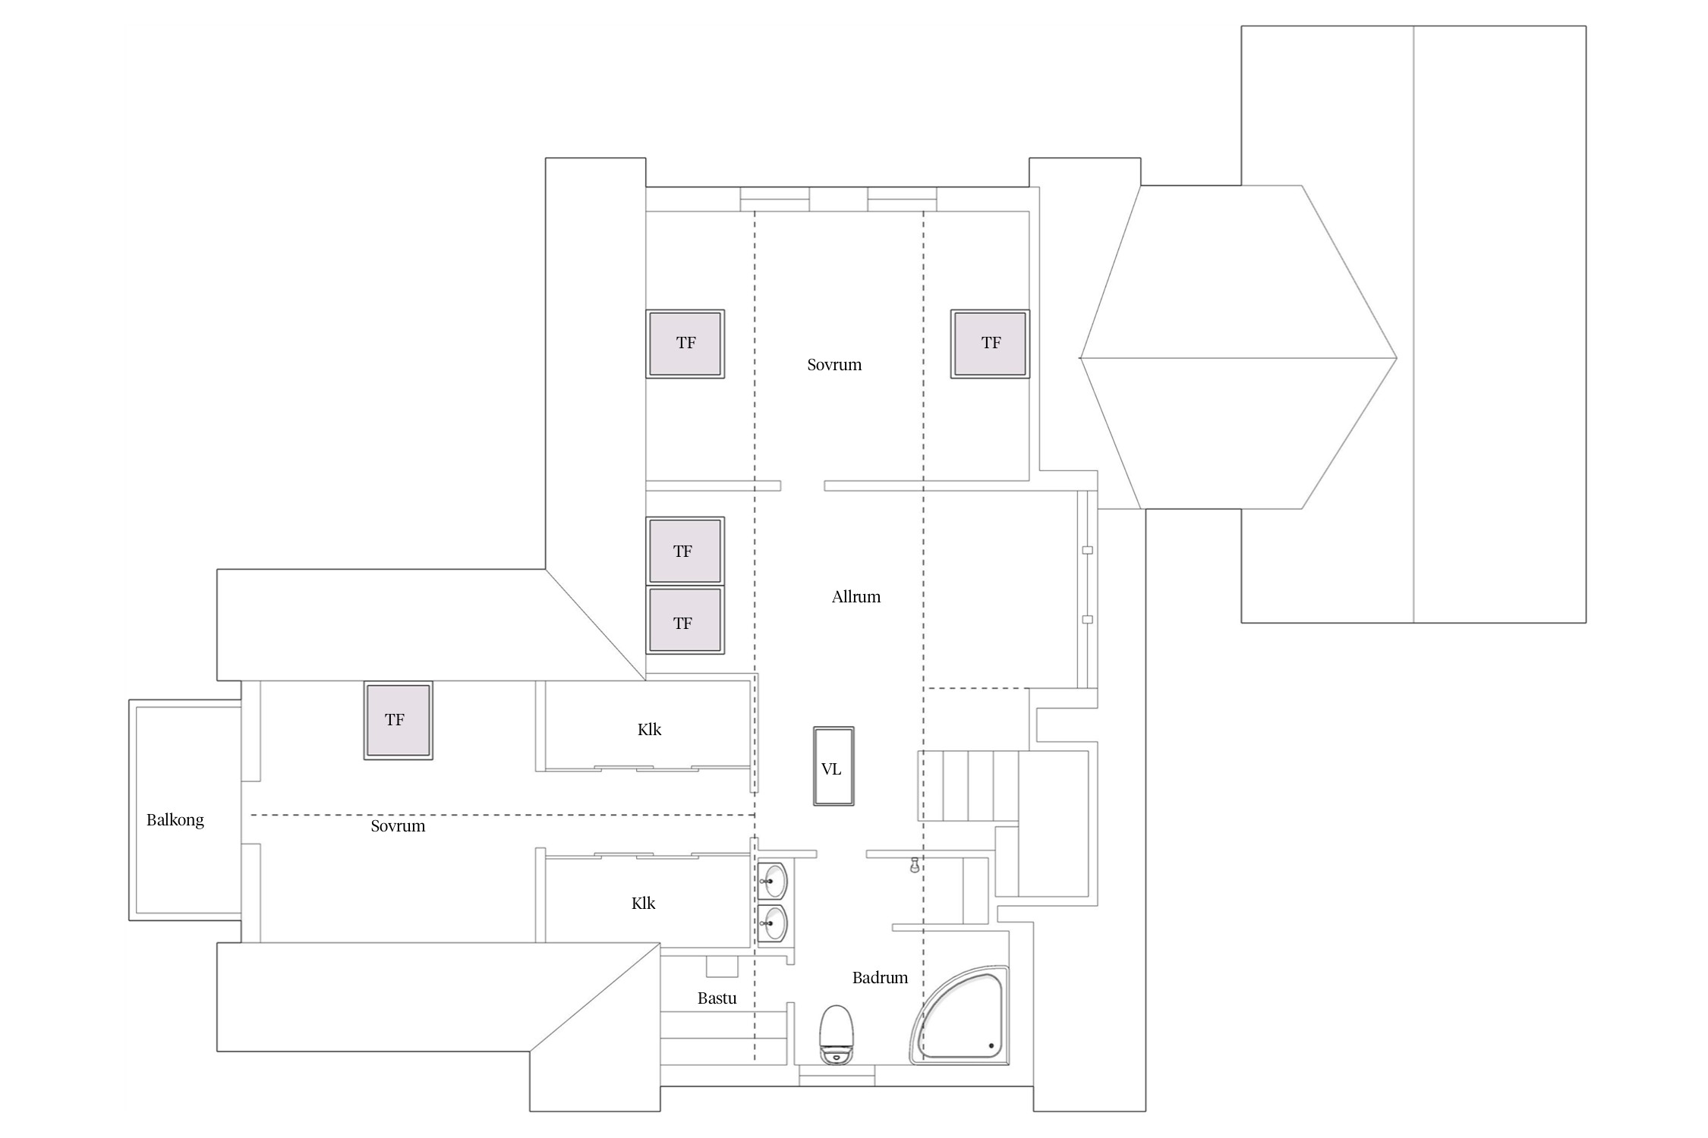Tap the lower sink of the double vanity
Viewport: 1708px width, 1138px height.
pyautogui.click(x=773, y=923)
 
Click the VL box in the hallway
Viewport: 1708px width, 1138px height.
pyautogui.click(x=834, y=765)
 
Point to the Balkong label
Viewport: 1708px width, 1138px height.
pyautogui.click(x=175, y=820)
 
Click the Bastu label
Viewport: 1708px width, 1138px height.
pyautogui.click(x=717, y=998)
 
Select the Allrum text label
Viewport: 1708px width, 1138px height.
pyautogui.click(x=856, y=597)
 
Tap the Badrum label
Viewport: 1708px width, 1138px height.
pyautogui.click(x=880, y=978)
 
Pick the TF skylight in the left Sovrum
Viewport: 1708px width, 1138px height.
pyautogui.click(x=398, y=720)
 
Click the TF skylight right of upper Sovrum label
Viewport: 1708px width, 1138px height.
pyautogui.click(x=990, y=344)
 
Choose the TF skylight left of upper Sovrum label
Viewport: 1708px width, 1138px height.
pyautogui.click(x=685, y=344)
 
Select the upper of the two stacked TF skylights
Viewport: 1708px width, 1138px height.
pyautogui.click(x=685, y=551)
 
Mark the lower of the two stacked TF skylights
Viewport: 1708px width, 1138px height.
pyautogui.click(x=685, y=620)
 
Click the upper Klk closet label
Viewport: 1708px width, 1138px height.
pyautogui.click(x=649, y=730)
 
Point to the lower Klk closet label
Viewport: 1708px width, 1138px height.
pyautogui.click(x=643, y=904)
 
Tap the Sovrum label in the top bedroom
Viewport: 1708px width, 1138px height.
pyautogui.click(x=834, y=365)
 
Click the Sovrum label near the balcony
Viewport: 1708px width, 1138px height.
pyautogui.click(x=398, y=826)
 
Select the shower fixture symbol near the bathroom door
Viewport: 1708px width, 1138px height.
pyautogui.click(x=915, y=865)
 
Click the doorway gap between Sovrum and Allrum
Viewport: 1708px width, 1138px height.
pyautogui.click(x=802, y=486)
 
